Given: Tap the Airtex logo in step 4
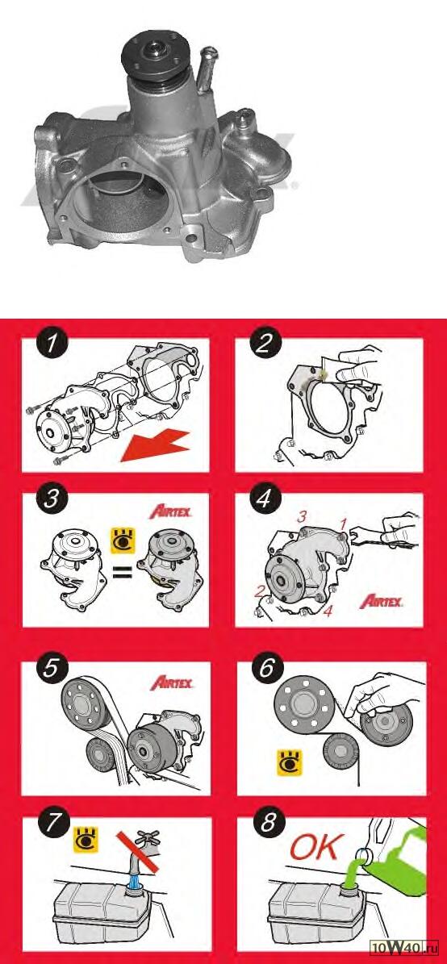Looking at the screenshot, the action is click(x=381, y=601).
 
